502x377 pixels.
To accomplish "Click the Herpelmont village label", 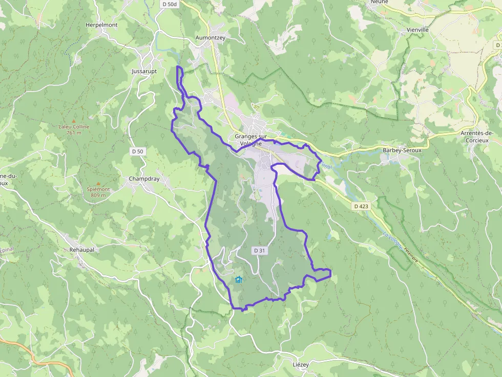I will [x=101, y=25].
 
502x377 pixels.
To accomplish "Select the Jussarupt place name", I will [x=144, y=71].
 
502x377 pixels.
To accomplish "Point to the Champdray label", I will [x=144, y=179].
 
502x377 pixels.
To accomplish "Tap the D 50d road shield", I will [x=169, y=4].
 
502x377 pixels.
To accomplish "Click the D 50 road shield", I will [x=138, y=151].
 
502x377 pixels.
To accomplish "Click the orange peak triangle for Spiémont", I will [x=98, y=183].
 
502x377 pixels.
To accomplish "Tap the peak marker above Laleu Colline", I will [x=74, y=120].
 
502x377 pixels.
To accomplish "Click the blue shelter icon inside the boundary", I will [x=238, y=279].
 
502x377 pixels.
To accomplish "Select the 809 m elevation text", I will [x=98, y=195].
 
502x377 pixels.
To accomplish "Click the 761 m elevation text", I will [x=74, y=132].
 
